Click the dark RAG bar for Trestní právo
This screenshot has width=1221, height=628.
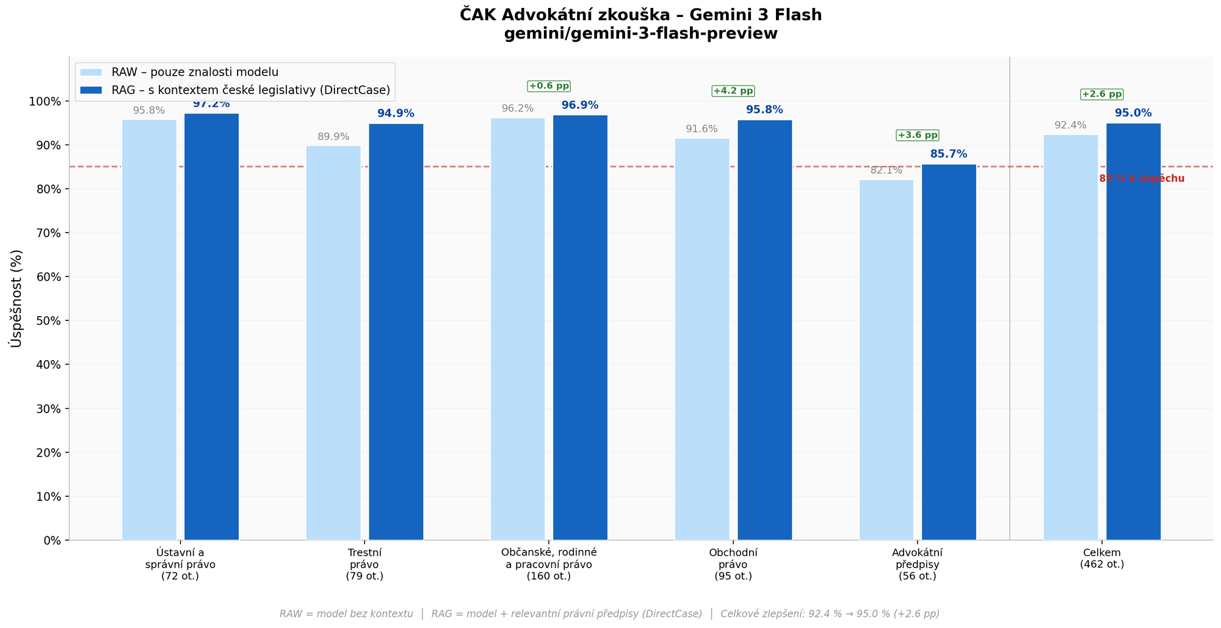pos(396,332)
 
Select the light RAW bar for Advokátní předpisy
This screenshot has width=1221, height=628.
pos(886,360)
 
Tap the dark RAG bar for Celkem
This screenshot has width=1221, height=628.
pos(1133,332)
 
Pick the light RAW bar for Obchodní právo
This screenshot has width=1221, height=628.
pos(701,339)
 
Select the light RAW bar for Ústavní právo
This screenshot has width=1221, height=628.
pos(149,330)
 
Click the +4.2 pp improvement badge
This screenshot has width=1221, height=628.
pos(733,91)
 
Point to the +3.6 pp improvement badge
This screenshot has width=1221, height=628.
pos(917,135)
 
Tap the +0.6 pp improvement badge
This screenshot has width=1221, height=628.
pos(549,86)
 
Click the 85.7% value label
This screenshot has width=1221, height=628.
pos(948,154)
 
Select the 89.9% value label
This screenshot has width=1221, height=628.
pos(333,137)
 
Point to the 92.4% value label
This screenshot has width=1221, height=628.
pos(1070,125)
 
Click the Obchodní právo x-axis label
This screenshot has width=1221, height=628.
pos(733,564)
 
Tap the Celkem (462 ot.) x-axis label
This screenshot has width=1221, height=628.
pos(1101,558)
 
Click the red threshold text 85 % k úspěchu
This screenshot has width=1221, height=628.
pos(1141,179)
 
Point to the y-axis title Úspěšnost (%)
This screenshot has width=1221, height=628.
pos(16,298)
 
